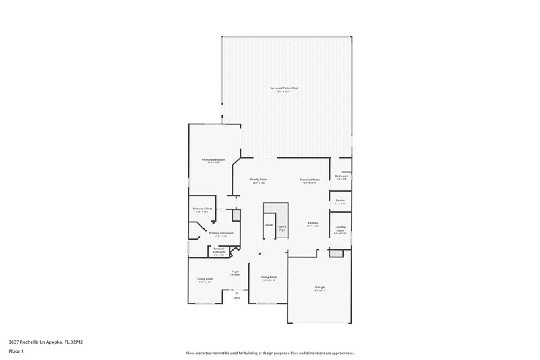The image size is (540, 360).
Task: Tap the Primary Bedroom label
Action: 214,160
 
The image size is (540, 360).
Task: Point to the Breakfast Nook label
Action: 310,180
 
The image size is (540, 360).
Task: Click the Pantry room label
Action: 340,201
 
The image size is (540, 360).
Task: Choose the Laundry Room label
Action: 340,229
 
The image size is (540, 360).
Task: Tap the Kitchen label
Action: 313,223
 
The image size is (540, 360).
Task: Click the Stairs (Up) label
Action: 282,227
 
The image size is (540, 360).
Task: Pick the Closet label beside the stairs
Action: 269,224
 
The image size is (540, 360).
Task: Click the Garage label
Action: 320,288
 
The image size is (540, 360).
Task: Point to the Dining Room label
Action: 269,277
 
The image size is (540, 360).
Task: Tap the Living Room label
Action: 205,279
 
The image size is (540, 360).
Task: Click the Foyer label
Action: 235,272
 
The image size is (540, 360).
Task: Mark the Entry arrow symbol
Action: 236,292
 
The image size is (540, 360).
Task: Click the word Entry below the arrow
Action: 236,298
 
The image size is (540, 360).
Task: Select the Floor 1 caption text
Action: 16,352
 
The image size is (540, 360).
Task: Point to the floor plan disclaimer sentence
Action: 269,353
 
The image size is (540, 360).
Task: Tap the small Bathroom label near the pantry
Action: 342,176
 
